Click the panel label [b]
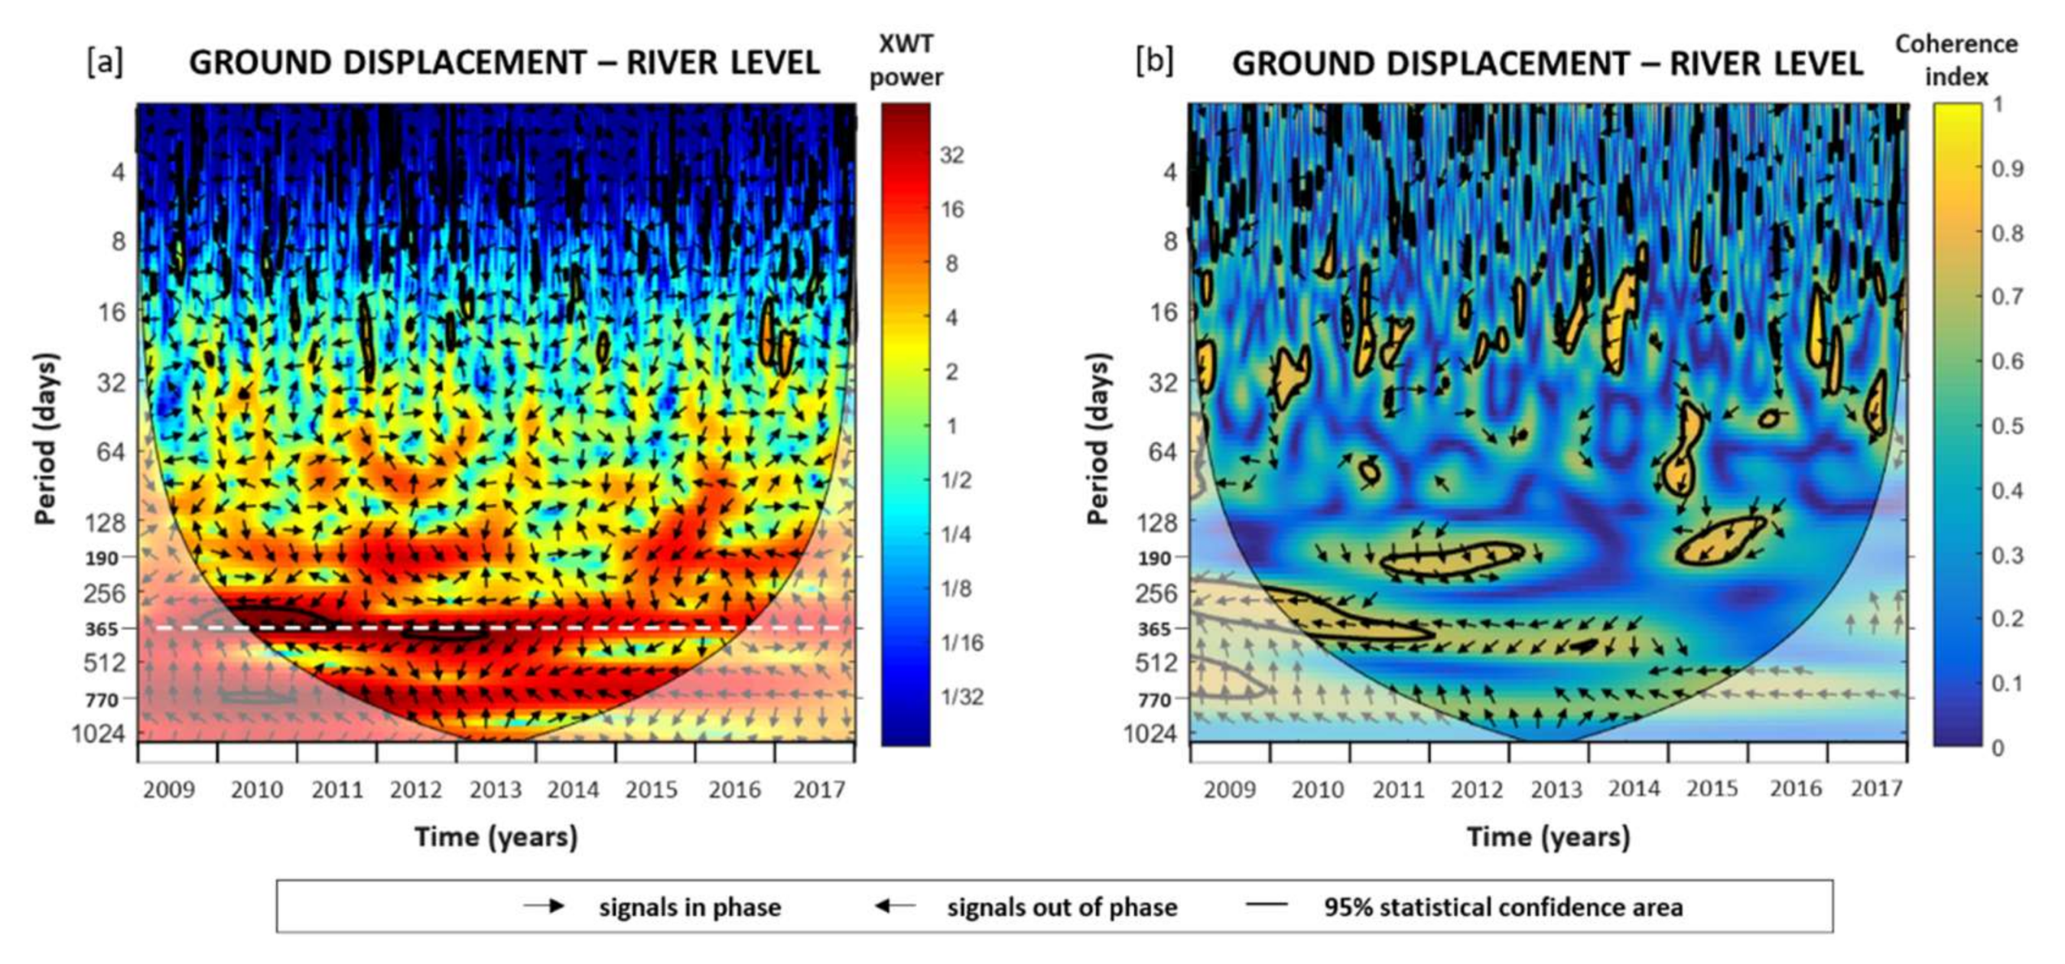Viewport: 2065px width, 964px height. click(x=1154, y=62)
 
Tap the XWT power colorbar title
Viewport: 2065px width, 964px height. click(x=906, y=60)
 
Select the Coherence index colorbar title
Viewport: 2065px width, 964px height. click(x=1956, y=60)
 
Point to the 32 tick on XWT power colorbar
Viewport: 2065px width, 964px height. click(x=951, y=155)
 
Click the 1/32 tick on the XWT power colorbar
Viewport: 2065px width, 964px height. click(x=961, y=696)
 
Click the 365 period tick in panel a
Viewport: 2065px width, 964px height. click(x=102, y=629)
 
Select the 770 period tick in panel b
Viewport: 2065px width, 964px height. click(x=1154, y=700)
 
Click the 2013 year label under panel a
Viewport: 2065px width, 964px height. click(x=495, y=790)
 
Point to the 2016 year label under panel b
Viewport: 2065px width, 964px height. click(x=1795, y=789)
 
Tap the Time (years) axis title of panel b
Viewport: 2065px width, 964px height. click(x=1548, y=837)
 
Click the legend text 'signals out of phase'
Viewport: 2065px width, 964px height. click(x=1062, y=907)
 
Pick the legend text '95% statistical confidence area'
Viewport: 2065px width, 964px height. click(x=1503, y=907)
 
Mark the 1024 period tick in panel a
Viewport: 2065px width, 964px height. click(x=98, y=733)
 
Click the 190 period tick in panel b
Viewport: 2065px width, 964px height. click(x=1154, y=559)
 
